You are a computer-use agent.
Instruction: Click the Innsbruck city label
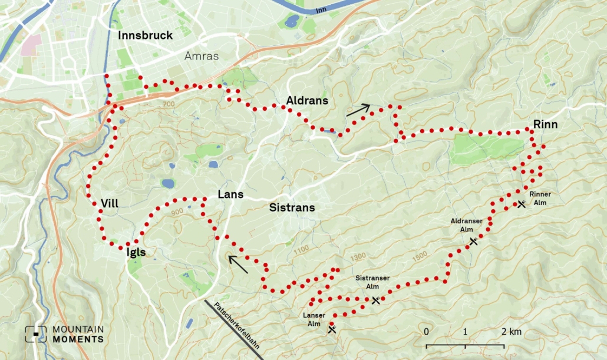[x=146, y=35]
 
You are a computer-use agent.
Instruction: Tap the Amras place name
[x=202, y=56]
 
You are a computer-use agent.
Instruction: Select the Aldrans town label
[x=307, y=101]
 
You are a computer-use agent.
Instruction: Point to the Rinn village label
[x=545, y=124]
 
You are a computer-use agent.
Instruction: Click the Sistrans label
[x=292, y=207]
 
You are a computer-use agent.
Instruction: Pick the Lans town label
[x=230, y=194]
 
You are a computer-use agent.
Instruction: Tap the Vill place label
[x=110, y=203]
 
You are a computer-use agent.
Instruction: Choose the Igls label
[x=136, y=252]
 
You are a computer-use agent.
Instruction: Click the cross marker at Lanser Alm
[x=332, y=329]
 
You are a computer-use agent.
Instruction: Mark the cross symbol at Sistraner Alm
[x=376, y=300]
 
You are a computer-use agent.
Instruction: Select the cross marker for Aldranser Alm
[x=473, y=242]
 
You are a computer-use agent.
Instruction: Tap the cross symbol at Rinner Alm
[x=521, y=204]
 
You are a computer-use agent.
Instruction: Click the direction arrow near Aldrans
[x=358, y=110]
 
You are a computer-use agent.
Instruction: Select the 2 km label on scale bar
[x=512, y=332]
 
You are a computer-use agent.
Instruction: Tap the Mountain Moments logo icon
[x=36, y=334]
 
